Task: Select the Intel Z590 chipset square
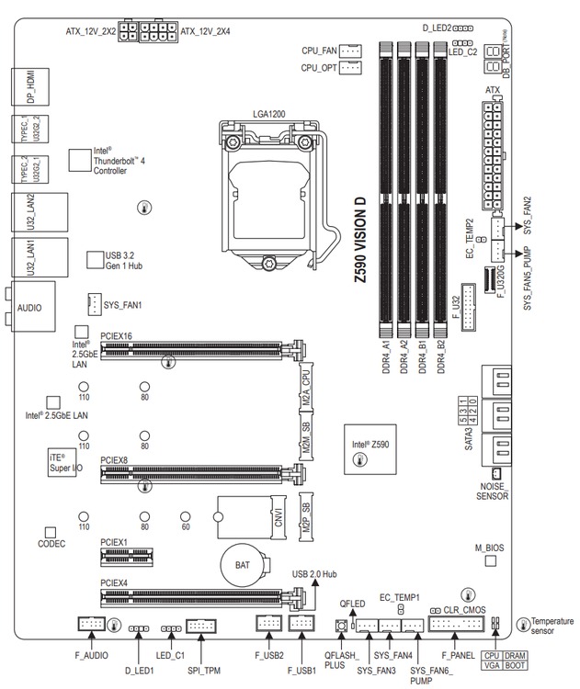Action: click(369, 448)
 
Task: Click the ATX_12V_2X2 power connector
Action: click(128, 33)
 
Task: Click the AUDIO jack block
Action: click(29, 310)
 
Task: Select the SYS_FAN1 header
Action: click(94, 302)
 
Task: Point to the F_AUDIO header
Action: click(90, 625)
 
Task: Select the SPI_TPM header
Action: click(201, 626)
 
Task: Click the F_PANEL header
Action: click(457, 626)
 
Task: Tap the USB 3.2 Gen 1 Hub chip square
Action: click(95, 260)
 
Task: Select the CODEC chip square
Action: click(51, 532)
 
